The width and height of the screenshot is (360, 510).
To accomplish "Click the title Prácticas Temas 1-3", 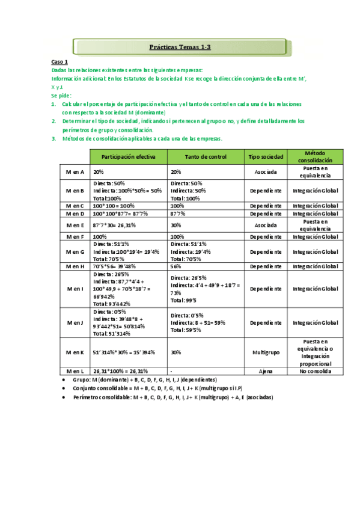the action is coord(180,46).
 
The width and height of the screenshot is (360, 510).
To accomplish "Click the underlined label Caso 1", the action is coord(59,62).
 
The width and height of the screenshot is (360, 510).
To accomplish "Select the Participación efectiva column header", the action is coord(129,156).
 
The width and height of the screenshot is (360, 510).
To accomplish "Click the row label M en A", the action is coord(75,171).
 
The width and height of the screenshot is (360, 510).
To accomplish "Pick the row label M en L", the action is coord(75,371).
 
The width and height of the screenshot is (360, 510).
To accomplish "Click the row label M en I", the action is coord(75,289).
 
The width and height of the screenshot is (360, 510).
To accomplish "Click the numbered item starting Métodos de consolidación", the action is coord(141,138).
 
